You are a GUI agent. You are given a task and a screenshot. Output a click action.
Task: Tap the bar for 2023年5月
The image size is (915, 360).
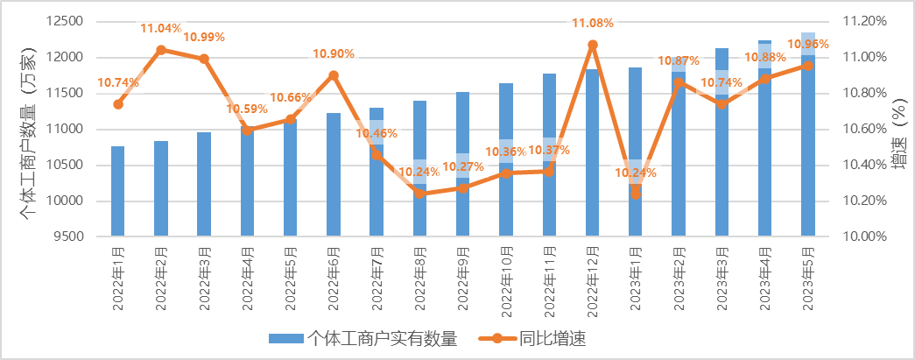point(808,140)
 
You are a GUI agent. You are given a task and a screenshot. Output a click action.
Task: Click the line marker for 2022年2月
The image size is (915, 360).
point(161,50)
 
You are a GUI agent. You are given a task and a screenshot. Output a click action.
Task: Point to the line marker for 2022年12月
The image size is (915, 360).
point(593,44)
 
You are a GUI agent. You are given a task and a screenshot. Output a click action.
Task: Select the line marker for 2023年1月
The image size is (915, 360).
point(636,194)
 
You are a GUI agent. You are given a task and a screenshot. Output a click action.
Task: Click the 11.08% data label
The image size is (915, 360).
point(592,22)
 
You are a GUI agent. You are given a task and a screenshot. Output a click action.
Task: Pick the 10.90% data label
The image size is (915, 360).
point(334,54)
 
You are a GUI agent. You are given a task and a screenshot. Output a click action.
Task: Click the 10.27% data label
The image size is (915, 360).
point(464,167)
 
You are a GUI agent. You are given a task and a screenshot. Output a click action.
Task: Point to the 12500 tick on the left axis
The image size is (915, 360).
point(65,21)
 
